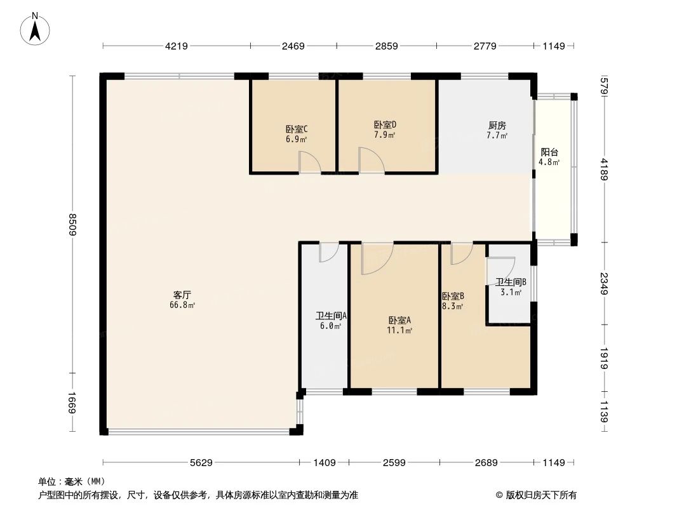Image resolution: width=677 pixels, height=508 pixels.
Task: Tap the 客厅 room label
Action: pyautogui.click(x=182, y=295)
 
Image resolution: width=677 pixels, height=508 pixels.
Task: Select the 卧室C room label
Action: pyautogui.click(x=297, y=128)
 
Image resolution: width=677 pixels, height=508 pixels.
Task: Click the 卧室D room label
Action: pyautogui.click(x=385, y=124)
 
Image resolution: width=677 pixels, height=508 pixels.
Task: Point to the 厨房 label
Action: pyautogui.click(x=497, y=125)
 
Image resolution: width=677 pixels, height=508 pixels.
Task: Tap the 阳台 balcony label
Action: pyautogui.click(x=549, y=152)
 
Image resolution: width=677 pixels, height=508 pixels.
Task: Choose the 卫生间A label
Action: pyautogui.click(x=331, y=316)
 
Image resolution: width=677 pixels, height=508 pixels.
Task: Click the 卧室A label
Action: pyautogui.click(x=400, y=320)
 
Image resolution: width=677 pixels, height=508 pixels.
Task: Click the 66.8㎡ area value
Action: pyautogui.click(x=182, y=305)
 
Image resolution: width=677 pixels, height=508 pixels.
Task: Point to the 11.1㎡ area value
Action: pyautogui.click(x=400, y=330)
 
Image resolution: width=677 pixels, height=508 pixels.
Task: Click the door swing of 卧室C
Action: pyautogui.click(x=310, y=163)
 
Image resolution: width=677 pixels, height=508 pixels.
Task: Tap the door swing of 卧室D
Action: pyautogui.click(x=370, y=160)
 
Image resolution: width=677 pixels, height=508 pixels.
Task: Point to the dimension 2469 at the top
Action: pyautogui.click(x=293, y=46)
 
